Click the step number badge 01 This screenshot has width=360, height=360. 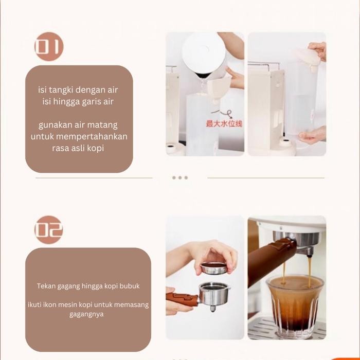point(49,47)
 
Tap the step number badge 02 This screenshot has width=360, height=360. point(49,230)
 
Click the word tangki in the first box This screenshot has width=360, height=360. point(60,89)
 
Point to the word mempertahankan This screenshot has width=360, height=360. point(92,137)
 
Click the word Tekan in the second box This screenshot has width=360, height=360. point(46,286)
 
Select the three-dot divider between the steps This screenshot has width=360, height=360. point(179,177)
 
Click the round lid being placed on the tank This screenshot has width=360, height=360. point(308,57)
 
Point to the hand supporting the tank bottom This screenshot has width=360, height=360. point(312,136)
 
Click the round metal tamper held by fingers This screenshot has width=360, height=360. point(213,268)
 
